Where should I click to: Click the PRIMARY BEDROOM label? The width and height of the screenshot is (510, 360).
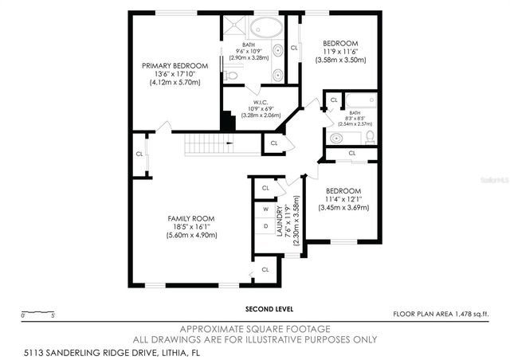(175, 65)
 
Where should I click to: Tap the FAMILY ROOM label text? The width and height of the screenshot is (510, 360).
(190, 217)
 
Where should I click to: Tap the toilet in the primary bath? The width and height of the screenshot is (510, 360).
(229, 76)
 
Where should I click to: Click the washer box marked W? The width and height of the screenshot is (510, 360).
(265, 210)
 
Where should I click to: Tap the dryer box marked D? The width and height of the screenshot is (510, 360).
(265, 227)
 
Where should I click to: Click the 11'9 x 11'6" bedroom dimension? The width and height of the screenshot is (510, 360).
(340, 51)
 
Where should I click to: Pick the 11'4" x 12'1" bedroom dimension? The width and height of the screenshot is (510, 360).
(343, 199)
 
